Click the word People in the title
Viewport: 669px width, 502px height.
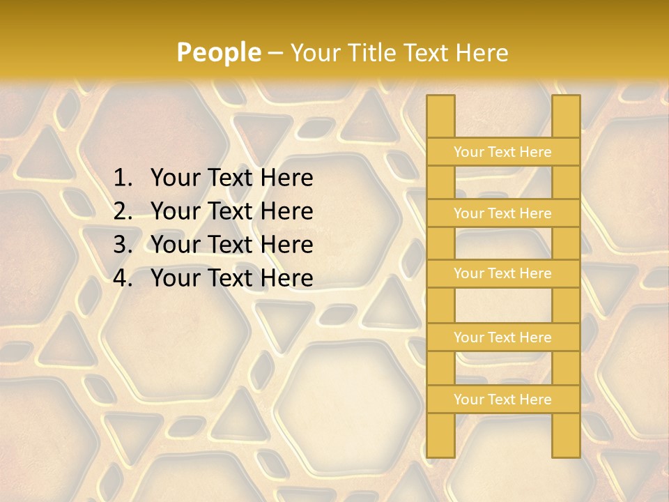click(x=218, y=52)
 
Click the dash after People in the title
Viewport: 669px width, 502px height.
click(x=275, y=53)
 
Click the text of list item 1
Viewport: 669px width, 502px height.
click(x=231, y=178)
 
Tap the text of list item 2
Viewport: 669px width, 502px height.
click(x=231, y=211)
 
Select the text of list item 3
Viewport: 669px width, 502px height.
click(x=231, y=245)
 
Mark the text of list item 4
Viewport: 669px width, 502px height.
click(x=231, y=278)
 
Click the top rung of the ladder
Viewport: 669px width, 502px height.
click(x=502, y=152)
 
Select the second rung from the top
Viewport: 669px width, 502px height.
click(x=502, y=213)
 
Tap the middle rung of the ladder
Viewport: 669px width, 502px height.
click(x=502, y=274)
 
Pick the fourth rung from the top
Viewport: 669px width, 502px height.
click(x=502, y=337)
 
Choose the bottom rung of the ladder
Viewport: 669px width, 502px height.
click(x=502, y=400)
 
